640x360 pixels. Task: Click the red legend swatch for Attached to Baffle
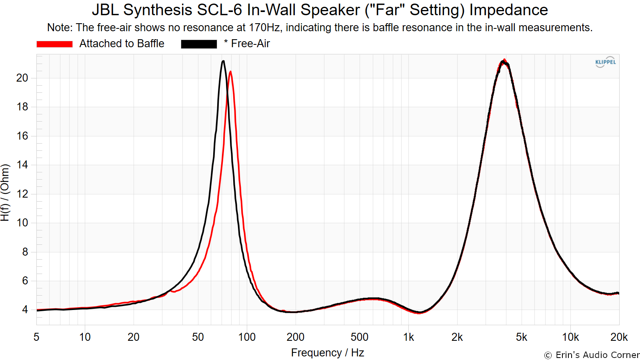point(54,44)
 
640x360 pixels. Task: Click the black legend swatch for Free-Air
point(199,44)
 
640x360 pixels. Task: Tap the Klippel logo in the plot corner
point(606,62)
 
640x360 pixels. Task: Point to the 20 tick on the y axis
point(22,78)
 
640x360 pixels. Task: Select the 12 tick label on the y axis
point(22,194)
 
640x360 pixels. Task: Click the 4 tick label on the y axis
point(25,310)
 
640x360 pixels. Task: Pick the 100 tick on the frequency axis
point(247,338)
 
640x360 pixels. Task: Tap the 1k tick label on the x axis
point(408,338)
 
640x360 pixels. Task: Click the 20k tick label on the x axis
point(619,338)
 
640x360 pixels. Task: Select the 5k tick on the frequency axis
point(522,338)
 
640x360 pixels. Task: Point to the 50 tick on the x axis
point(198,338)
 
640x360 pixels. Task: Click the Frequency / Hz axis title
point(328,353)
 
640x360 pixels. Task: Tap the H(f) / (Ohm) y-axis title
point(5,192)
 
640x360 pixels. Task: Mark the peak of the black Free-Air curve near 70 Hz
point(223,61)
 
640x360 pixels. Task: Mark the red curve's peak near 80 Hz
point(230,72)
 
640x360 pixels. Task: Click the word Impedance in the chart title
point(508,10)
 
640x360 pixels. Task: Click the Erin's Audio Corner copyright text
point(592,355)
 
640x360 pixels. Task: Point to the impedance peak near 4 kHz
point(504,60)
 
